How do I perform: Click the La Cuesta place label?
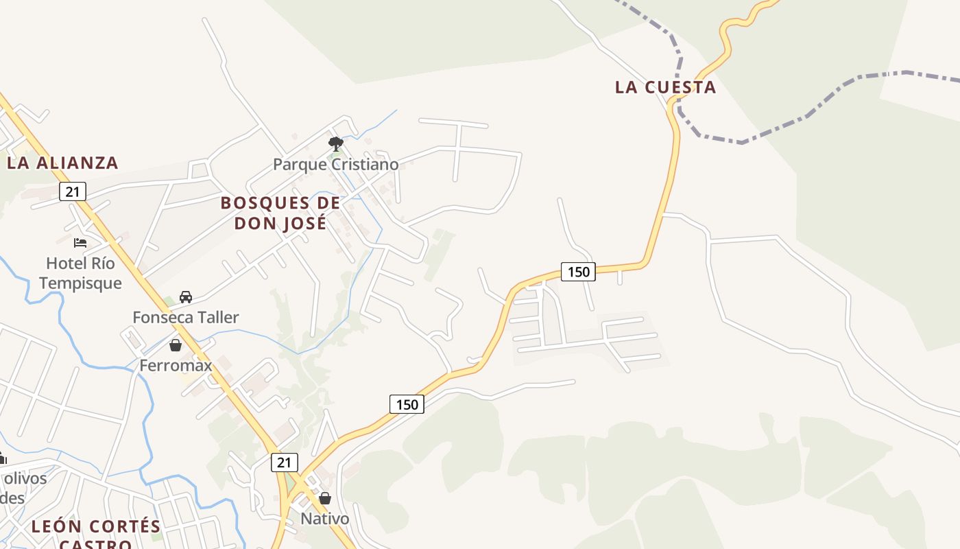pos(665,87)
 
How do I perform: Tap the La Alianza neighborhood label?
pos(62,163)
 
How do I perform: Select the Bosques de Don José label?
pos(280,213)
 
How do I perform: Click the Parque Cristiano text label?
pos(335,165)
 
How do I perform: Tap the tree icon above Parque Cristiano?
pos(335,144)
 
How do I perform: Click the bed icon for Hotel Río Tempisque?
pos(80,242)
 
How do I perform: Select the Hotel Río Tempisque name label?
pos(80,273)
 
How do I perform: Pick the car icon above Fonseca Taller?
pos(185,297)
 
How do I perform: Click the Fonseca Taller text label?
pos(185,317)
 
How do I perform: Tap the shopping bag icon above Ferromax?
pos(176,345)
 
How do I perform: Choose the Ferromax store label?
pos(176,365)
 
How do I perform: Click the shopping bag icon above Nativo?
pos(325,498)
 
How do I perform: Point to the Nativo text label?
pos(325,519)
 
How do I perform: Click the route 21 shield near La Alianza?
pos(72,191)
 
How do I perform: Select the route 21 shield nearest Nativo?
pos(284,463)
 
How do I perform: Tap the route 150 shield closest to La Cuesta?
pos(578,272)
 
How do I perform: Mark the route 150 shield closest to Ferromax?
pos(407,404)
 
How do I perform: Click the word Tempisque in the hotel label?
pos(80,283)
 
